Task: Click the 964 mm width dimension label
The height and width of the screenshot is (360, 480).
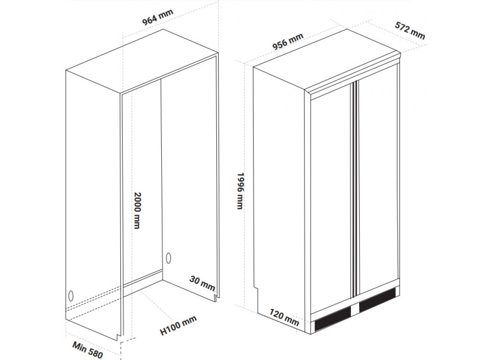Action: coord(158,17)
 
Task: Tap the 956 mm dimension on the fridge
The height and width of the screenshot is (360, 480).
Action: coord(288,41)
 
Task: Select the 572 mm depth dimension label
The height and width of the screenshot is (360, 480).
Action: coord(410,30)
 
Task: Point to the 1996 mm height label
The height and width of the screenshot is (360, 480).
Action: coord(241,190)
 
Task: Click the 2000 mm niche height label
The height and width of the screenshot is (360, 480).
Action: coord(137,211)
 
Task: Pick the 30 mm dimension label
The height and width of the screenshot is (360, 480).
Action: coord(202,283)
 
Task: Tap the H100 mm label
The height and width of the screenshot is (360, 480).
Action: coord(178,326)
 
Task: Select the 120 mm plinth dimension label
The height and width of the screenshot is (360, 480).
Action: coord(284,317)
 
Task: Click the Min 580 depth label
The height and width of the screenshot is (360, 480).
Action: coord(88,350)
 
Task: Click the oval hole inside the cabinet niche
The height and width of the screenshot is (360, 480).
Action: coord(168,258)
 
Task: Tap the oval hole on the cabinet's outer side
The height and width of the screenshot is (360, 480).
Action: coord(71,296)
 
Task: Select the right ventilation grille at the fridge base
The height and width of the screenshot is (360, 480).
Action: coord(377,300)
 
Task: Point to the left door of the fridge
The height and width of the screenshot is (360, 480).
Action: coord(331,199)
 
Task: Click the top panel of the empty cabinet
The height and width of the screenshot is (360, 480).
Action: coord(142,60)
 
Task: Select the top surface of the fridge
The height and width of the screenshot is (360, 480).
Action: coord(327,60)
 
